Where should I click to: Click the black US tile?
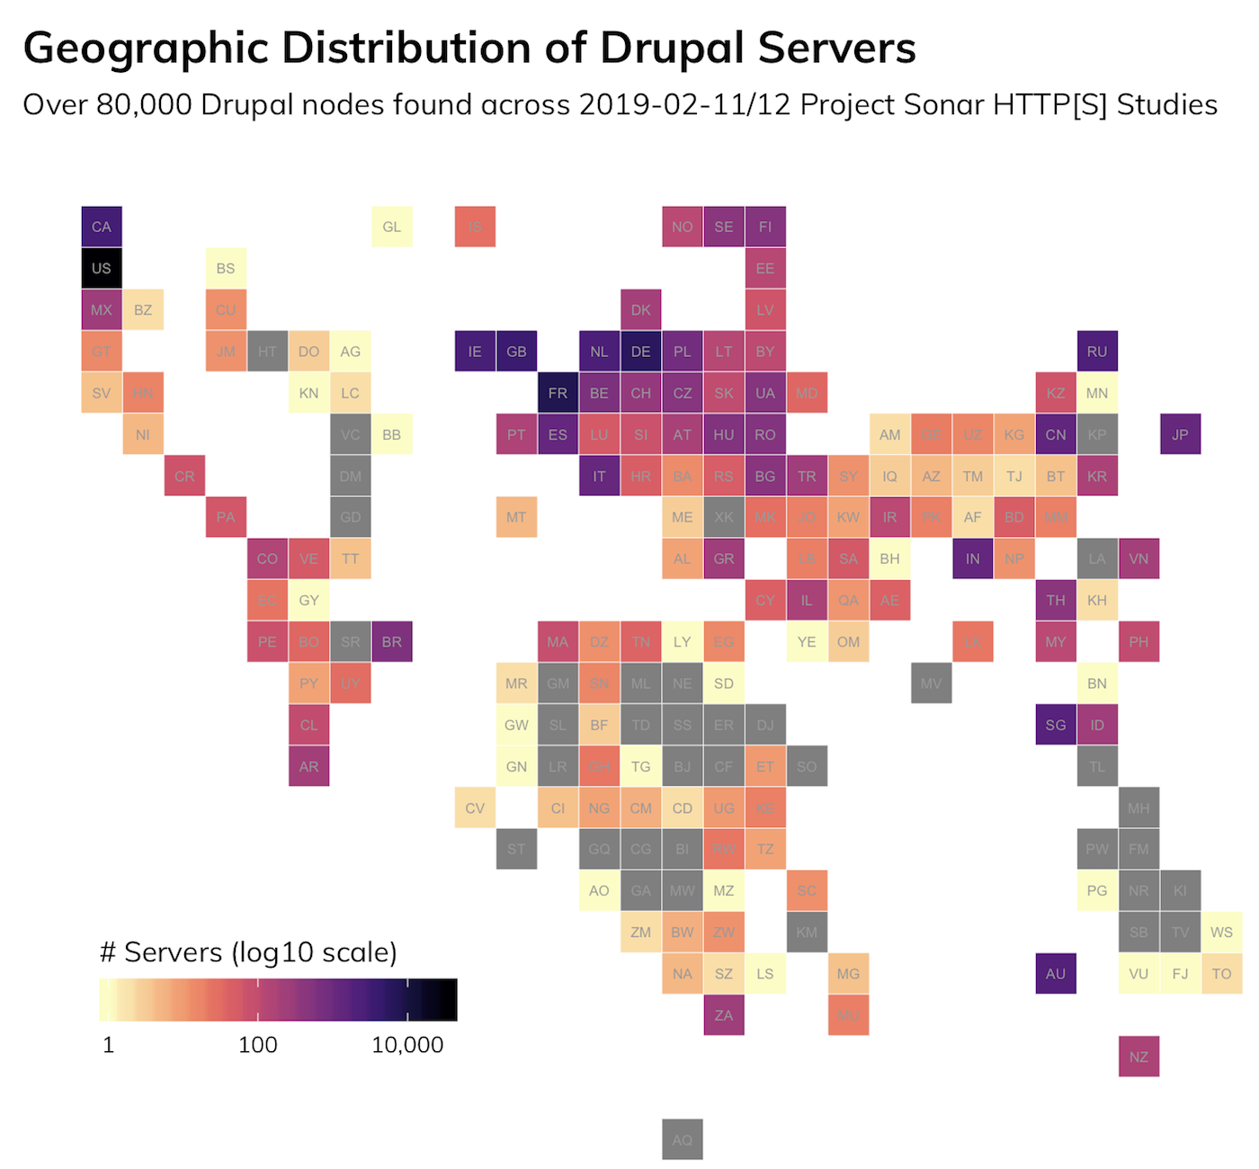102,268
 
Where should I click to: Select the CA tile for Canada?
102,227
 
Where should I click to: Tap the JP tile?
1180,434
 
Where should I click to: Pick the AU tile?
1056,974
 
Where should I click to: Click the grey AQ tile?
683,1139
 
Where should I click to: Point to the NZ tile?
1138,1057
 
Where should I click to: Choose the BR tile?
392,642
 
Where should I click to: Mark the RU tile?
1097,352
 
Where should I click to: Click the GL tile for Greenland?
392,227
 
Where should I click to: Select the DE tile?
641,352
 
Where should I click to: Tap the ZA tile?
724,1015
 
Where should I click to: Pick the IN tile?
973,558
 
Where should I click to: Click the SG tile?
1056,725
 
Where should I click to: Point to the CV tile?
475,808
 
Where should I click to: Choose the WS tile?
1221,932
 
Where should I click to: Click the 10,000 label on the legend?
407,1045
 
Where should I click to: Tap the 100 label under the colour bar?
258,1045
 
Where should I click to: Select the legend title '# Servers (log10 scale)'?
248,952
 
